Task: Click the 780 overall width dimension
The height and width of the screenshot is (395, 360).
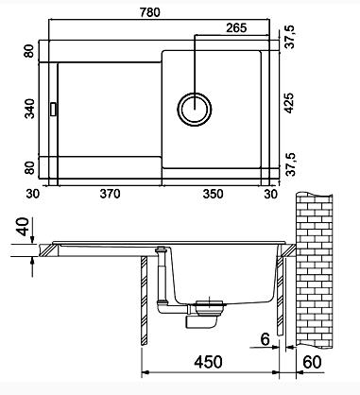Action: click(x=150, y=12)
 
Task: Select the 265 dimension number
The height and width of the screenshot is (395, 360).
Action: click(x=236, y=28)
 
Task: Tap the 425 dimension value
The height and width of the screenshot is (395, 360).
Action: click(x=289, y=103)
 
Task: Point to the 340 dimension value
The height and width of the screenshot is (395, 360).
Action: click(x=30, y=109)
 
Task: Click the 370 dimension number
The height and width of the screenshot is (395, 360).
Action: click(x=110, y=194)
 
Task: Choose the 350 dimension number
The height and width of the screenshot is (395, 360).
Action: click(x=213, y=194)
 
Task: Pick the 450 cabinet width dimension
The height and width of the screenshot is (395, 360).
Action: click(x=208, y=362)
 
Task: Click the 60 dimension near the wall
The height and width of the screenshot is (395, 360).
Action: click(x=312, y=362)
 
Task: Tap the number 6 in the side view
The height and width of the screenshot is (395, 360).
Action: click(x=266, y=339)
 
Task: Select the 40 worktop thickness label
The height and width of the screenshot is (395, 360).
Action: click(x=25, y=227)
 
